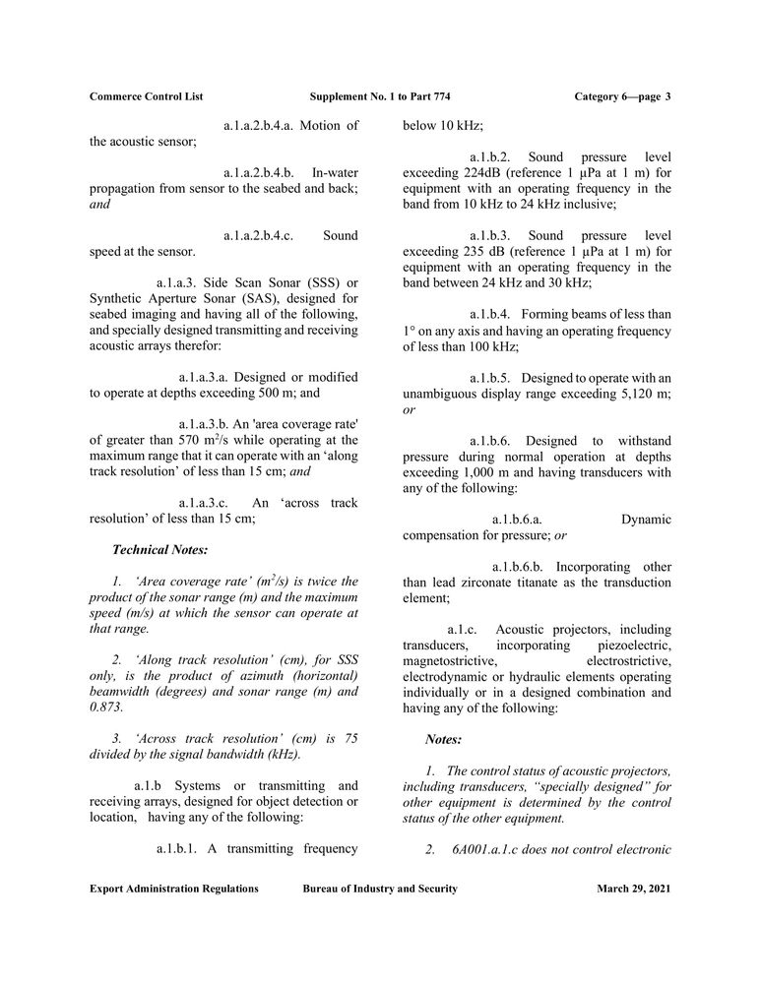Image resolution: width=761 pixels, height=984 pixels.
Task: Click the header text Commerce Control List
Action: pyautogui.click(x=146, y=96)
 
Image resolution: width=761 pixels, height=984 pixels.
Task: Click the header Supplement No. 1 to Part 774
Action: pyautogui.click(x=380, y=96)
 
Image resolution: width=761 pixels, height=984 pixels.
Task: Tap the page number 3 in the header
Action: pyautogui.click(x=667, y=96)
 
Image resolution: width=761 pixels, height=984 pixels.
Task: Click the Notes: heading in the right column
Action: pyautogui.click(x=444, y=738)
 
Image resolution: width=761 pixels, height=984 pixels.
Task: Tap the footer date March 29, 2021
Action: pyautogui.click(x=634, y=889)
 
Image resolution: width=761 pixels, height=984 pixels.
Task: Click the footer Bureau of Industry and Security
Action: pyautogui.click(x=380, y=889)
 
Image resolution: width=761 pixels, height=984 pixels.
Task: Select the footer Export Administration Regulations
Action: pyautogui.click(x=174, y=889)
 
